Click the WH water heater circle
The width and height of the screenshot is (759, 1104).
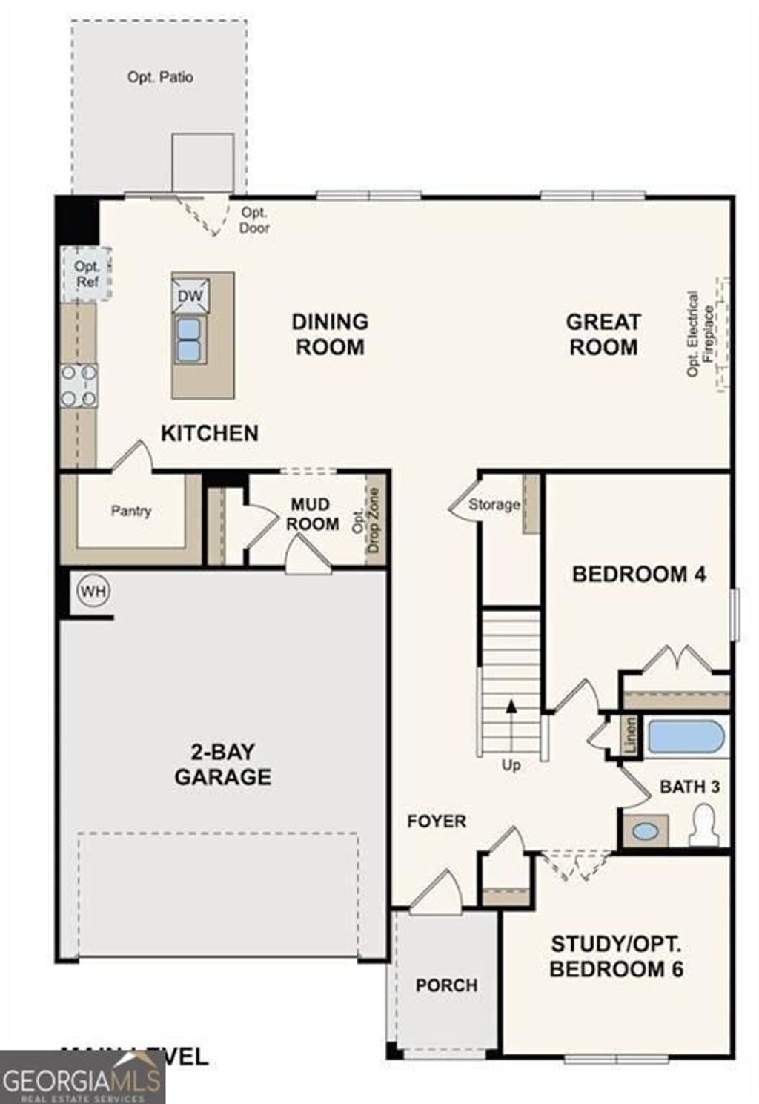tap(93, 591)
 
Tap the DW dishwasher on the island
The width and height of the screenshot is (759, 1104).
tap(190, 296)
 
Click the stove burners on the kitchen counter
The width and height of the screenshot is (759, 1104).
tap(79, 386)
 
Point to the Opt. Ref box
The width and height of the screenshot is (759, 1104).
tap(87, 274)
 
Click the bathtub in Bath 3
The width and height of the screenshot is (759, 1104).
tap(686, 737)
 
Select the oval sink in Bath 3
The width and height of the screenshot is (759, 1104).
tap(646, 831)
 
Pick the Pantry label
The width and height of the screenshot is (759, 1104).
tap(131, 511)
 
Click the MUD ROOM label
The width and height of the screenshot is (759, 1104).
tap(313, 514)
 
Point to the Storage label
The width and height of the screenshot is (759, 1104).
tap(494, 504)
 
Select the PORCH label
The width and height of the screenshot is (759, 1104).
tap(446, 985)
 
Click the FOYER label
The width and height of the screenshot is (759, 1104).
tap(437, 821)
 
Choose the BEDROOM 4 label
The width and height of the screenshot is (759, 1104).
tap(639, 574)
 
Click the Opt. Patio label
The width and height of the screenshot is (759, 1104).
tap(160, 76)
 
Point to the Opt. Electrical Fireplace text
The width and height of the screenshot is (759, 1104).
tap(700, 334)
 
